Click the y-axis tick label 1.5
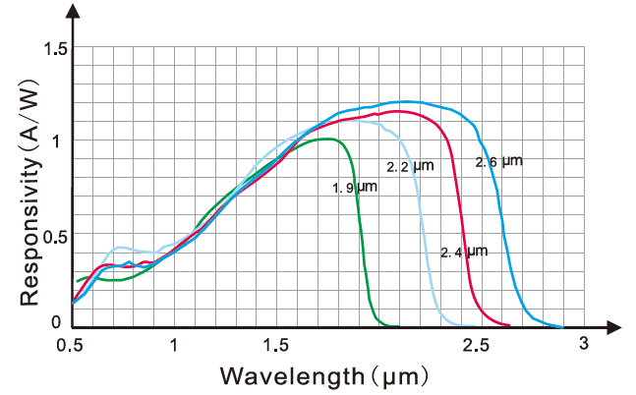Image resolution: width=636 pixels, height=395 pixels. tap(55, 49)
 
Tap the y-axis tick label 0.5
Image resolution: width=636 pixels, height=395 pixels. tap(55, 237)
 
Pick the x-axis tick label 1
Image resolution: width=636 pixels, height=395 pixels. tap(174, 345)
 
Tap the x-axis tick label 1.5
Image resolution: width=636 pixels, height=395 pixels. tap(276, 345)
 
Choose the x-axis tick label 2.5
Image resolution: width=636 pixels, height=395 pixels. tap(476, 345)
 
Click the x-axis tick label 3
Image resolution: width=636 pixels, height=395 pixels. tap(583, 343)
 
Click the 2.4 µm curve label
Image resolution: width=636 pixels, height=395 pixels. tap(463, 253)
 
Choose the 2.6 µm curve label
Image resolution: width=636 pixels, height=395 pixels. tap(498, 161)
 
